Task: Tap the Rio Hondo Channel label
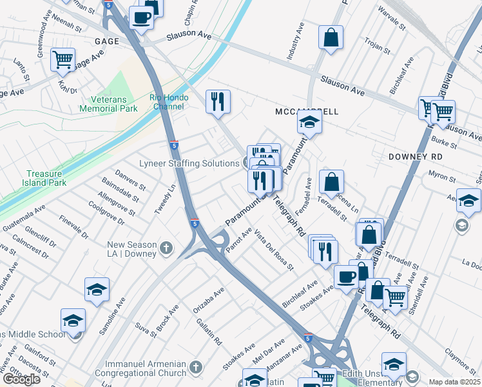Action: tap(171, 101)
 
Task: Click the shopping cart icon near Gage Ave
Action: tap(63, 61)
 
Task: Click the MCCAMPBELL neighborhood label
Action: tap(307, 112)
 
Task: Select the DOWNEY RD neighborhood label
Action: tap(416, 157)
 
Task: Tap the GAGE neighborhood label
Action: tap(106, 41)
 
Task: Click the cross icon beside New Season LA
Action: tap(166, 246)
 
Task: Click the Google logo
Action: tap(21, 379)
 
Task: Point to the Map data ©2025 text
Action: tap(455, 382)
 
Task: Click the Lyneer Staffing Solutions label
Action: tap(190, 163)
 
